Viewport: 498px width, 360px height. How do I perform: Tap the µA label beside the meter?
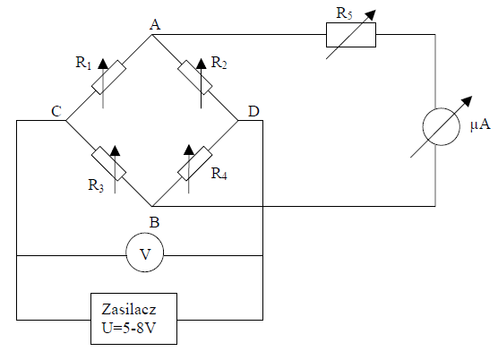480,124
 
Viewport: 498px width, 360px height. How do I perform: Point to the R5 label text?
344,13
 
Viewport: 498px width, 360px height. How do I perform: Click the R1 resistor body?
108,77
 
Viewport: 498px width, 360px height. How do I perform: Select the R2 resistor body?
194,77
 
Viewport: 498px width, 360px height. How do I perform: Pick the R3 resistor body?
108,164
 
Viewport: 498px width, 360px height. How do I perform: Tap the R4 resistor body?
194,164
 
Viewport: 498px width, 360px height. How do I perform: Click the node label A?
155,24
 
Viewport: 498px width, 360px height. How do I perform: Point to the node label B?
154,222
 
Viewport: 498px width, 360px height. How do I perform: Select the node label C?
56,111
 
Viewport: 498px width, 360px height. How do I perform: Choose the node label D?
253,111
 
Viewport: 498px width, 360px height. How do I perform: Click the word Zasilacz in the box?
129,309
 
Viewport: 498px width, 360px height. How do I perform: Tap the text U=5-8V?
129,328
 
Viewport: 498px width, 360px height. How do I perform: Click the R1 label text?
83,63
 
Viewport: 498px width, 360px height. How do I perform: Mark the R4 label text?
219,174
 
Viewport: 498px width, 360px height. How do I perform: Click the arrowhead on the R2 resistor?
201,64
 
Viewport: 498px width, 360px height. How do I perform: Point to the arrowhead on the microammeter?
467,101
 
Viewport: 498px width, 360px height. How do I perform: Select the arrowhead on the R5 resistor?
370,15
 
